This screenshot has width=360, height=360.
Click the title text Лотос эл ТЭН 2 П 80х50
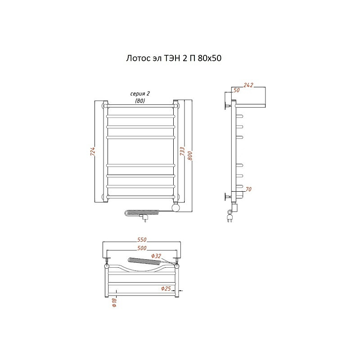tap(174, 58)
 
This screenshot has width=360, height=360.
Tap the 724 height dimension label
tap(93, 152)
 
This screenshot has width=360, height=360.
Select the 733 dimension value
tap(182, 151)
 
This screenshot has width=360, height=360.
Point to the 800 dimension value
tap(190, 156)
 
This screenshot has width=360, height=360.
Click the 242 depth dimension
tap(248, 85)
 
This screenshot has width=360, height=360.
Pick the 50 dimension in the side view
tap(237, 90)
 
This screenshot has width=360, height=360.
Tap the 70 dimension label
tap(249, 189)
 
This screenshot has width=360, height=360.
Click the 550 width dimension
tap(142, 240)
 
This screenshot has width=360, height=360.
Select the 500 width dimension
tap(142, 248)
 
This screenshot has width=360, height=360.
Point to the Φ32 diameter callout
tap(156, 256)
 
